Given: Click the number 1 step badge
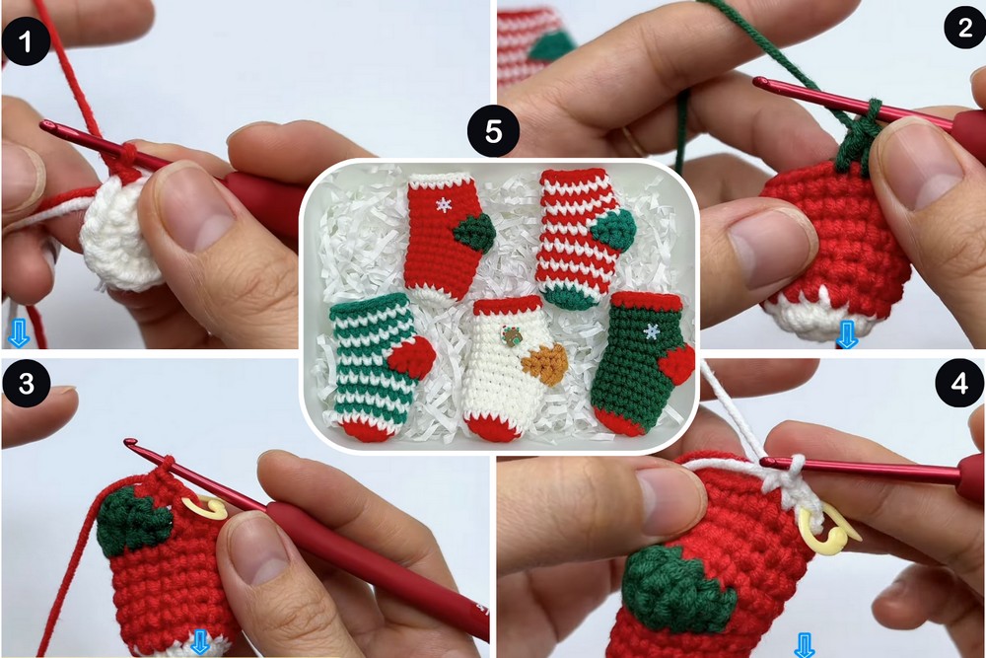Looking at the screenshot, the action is tap(26, 41).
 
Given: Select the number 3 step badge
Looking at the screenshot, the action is tap(27, 383).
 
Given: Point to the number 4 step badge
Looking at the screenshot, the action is tap(959, 383).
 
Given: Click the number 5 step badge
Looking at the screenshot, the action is tap(493, 132).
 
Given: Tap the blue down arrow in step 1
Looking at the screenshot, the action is tap(18, 332).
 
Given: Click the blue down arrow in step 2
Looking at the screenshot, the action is tap(846, 333).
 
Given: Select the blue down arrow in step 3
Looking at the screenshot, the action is tap(200, 643).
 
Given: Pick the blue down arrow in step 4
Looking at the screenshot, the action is tap(805, 645).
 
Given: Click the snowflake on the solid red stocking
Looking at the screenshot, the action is tap(444, 205).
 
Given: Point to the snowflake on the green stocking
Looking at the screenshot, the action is tap(652, 331).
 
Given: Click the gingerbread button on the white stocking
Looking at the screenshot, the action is tap(511, 336).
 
